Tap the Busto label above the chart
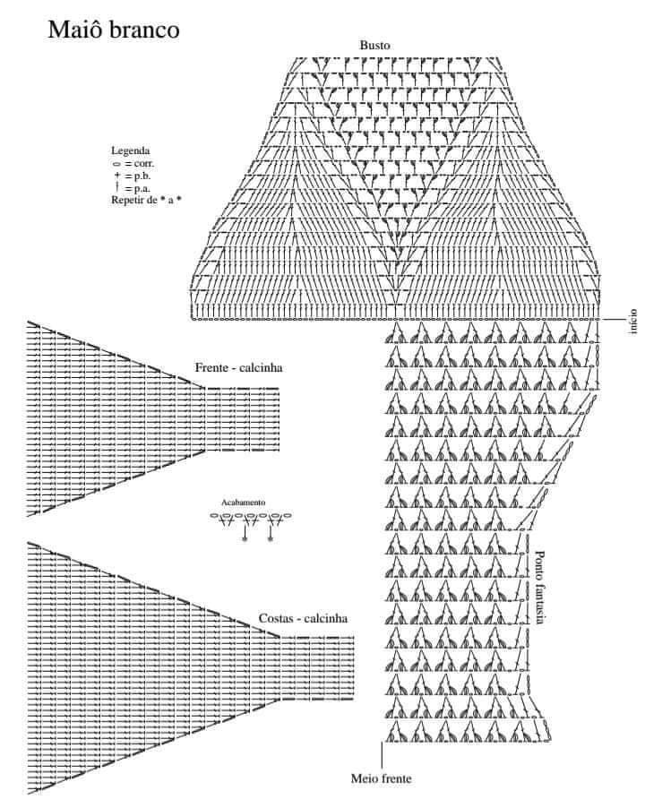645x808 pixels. point(374,46)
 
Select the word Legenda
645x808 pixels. point(130,150)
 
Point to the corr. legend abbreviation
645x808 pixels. point(143,163)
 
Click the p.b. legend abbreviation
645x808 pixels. point(142,176)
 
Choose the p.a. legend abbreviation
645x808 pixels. point(142,189)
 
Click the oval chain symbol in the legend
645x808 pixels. point(117,164)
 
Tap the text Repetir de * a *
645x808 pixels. point(146,200)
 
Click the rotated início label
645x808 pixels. point(633,322)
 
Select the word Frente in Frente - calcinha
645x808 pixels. point(211,368)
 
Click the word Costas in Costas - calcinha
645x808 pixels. point(276,618)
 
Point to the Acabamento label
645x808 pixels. point(243,503)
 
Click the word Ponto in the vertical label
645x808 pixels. point(539,563)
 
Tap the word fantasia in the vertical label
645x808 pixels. point(539,602)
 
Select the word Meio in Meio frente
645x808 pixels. point(363,778)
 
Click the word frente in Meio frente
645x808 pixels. point(396,778)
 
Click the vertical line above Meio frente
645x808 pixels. point(382,755)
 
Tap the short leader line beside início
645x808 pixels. point(614,320)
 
